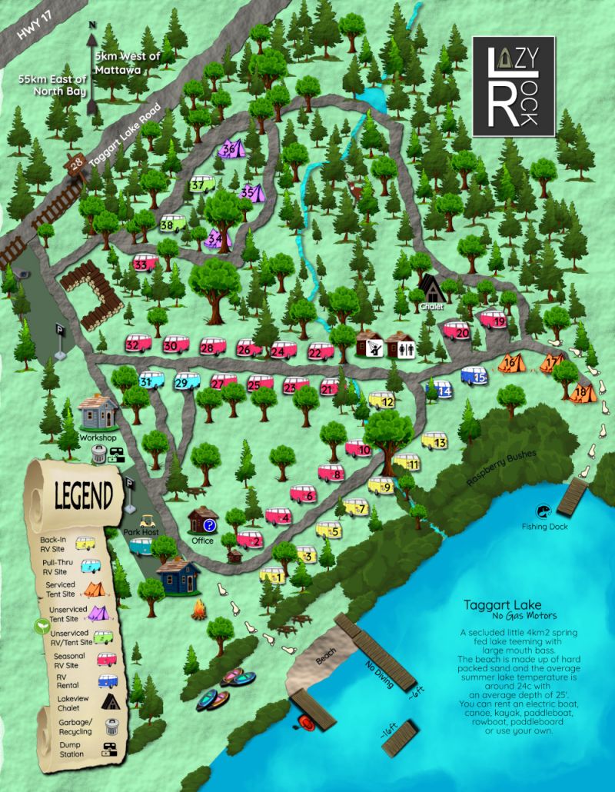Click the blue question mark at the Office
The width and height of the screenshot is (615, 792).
click(210, 524)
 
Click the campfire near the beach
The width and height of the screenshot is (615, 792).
click(199, 611)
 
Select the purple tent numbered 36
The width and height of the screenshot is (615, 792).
click(231, 148)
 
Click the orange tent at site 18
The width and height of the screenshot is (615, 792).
click(583, 393)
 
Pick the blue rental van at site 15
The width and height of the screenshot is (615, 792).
click(474, 376)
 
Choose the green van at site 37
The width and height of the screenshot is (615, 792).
click(202, 185)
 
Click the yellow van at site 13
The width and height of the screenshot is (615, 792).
click(434, 441)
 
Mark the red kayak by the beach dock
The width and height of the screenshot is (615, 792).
click(306, 722)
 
